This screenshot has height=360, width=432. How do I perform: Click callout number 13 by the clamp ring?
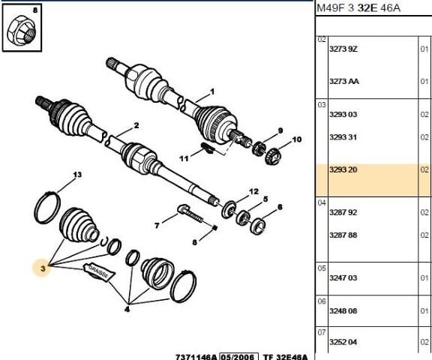pyautogui.click(x=76, y=175)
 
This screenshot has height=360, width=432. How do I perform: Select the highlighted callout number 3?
pyautogui.click(x=43, y=267)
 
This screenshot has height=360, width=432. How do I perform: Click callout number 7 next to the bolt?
pyautogui.click(x=155, y=225)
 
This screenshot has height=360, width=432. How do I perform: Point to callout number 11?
pyautogui.click(x=182, y=158)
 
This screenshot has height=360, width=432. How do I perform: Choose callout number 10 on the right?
pyautogui.click(x=295, y=139)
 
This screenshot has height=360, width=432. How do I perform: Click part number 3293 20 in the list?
pyautogui.click(x=344, y=170)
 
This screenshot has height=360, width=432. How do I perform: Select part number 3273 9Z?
pyautogui.click(x=344, y=49)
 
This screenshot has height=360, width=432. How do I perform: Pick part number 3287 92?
pyautogui.click(x=344, y=212)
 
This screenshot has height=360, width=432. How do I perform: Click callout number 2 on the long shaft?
pyautogui.click(x=136, y=125)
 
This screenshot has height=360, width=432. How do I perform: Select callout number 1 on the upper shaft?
pyautogui.click(x=211, y=90)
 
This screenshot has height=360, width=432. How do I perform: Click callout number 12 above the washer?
pyautogui.click(x=253, y=191)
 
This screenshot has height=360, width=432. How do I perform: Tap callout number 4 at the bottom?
pyautogui.click(x=127, y=307)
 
